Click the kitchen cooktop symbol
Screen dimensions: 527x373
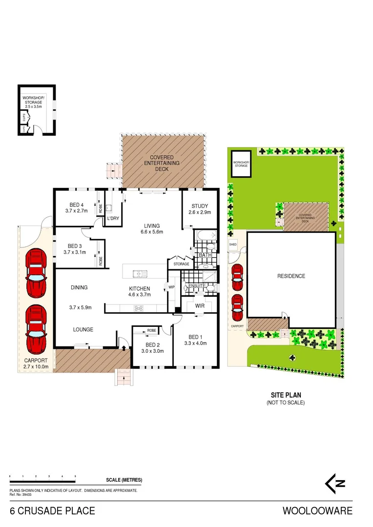pos(139,307)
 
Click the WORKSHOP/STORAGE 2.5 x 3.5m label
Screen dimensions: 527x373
pos(33,102)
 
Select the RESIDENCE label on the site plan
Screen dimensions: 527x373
pos(291,276)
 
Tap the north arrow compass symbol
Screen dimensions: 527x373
pos(336,483)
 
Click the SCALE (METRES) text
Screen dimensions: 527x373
pos(124,480)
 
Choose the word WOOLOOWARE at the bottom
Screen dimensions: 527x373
pos(324,511)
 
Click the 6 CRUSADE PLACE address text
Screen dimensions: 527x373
pos(53,511)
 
